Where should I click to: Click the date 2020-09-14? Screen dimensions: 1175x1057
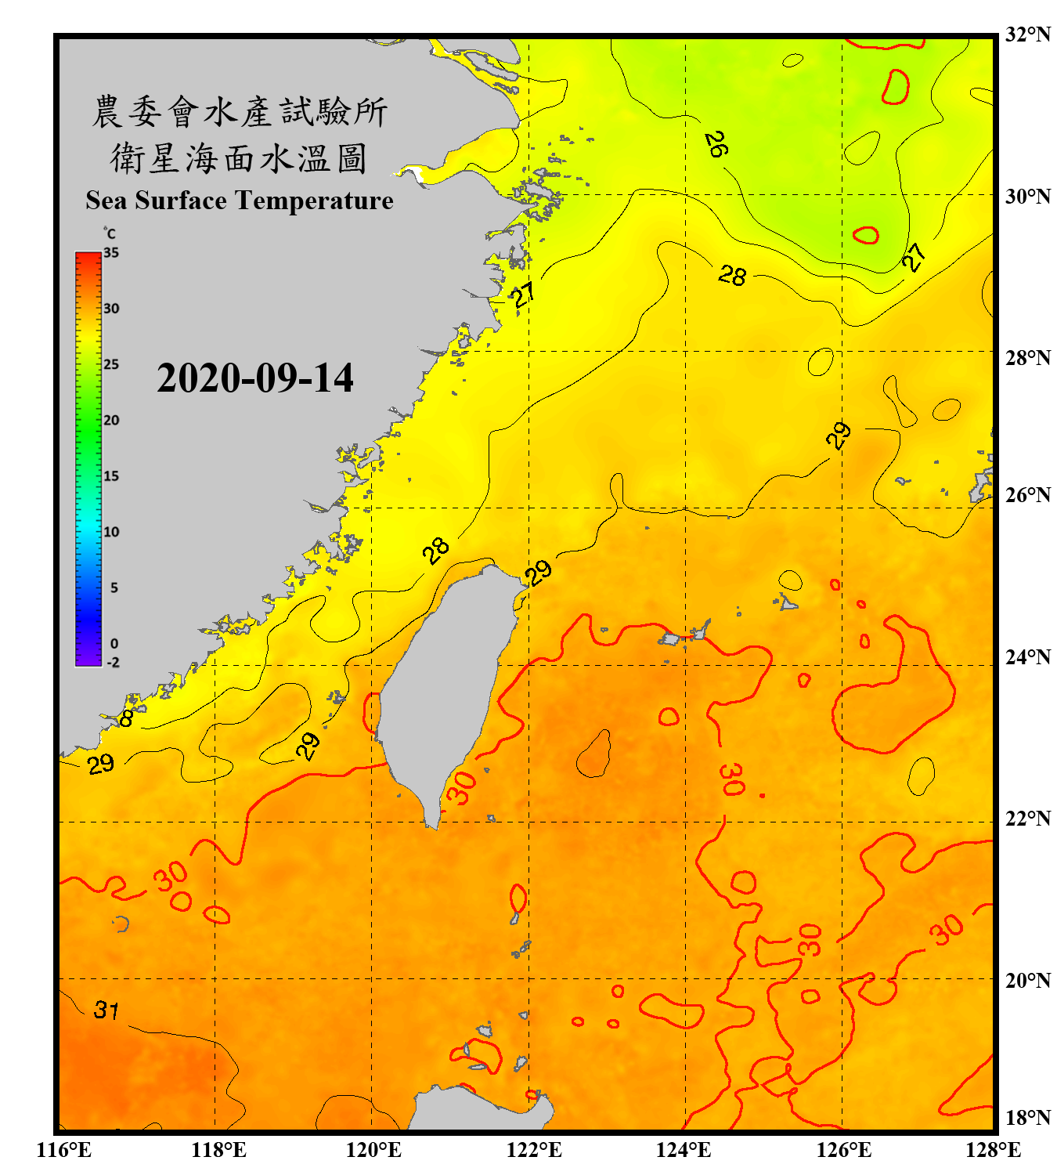(x=255, y=378)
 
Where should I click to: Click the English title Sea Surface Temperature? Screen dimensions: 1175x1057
(x=240, y=201)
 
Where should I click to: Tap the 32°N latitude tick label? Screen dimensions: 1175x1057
(x=1028, y=34)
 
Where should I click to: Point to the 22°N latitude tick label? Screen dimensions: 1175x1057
(x=1028, y=819)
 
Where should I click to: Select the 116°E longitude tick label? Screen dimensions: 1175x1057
(x=63, y=1150)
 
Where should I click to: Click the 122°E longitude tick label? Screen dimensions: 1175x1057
(x=534, y=1150)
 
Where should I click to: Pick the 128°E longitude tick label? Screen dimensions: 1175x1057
(x=993, y=1150)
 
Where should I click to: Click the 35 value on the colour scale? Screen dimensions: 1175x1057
(x=111, y=252)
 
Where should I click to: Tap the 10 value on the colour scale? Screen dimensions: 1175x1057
(x=111, y=532)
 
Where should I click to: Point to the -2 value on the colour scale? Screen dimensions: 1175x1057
(x=113, y=662)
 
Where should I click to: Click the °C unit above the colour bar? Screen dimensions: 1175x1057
(x=110, y=233)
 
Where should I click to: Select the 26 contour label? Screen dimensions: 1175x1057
(x=716, y=144)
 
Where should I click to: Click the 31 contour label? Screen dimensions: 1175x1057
(x=106, y=1010)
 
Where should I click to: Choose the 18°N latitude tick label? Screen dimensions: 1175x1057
(x=1028, y=1118)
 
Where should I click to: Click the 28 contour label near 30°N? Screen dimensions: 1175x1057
(x=732, y=275)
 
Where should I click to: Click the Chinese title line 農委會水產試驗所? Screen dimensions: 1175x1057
(x=240, y=111)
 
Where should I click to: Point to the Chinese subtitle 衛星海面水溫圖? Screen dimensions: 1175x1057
(x=240, y=158)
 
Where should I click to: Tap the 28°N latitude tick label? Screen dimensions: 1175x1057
(x=1028, y=358)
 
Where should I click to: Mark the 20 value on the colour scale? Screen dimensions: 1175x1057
(x=111, y=420)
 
